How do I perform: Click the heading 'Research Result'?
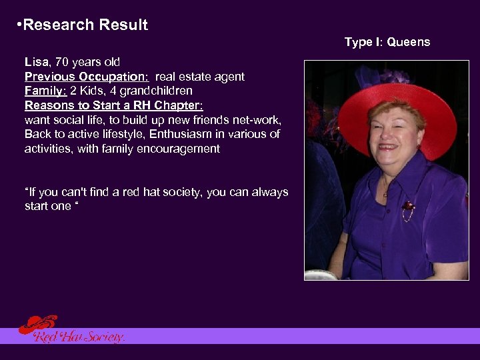click(x=85, y=25)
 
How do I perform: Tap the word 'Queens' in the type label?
click(x=409, y=42)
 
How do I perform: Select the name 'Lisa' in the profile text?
click(x=36, y=63)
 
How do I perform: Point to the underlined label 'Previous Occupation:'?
click(x=87, y=77)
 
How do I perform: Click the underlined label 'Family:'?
click(x=45, y=91)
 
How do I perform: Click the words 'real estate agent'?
click(x=200, y=77)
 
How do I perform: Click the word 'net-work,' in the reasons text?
click(x=258, y=120)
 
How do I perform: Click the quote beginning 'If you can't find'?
click(x=157, y=192)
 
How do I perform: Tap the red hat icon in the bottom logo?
click(x=37, y=324)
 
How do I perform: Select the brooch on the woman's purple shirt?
click(x=407, y=211)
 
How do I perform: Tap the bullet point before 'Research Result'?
click(x=17, y=25)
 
